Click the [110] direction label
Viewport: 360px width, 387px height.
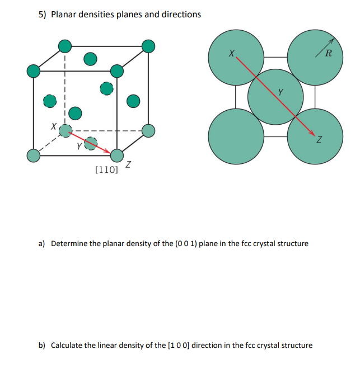tap(106, 169)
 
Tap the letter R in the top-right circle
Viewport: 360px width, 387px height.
tap(328, 54)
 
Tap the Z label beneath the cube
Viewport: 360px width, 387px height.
tap(129, 164)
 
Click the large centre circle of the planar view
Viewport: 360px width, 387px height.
tap(275, 96)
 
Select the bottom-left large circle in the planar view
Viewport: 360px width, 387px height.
tap(236, 136)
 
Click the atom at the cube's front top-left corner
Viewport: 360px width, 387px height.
tap(34, 71)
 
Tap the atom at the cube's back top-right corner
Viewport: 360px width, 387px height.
tap(148, 46)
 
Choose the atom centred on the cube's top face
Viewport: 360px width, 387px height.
tap(90, 58)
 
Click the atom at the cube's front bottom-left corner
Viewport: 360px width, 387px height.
tap(34, 155)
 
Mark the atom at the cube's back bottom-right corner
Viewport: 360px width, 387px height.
tap(148, 130)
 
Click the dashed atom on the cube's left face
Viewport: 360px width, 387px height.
tap(50, 101)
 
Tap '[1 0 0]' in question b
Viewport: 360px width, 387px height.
tap(179, 345)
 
